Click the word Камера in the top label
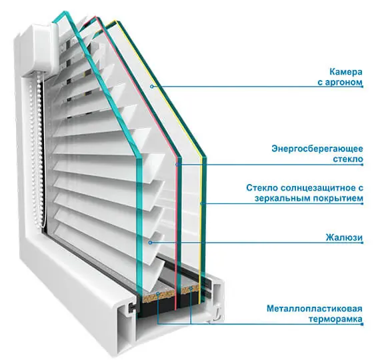click(346, 72)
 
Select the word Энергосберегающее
click(317, 149)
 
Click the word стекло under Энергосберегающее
click(348, 159)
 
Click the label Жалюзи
click(344, 237)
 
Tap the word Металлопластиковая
click(315, 309)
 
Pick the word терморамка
click(335, 319)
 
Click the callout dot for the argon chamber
click(151, 87)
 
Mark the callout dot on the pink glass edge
click(178, 165)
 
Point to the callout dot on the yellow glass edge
click(202, 204)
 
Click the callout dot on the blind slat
click(151, 243)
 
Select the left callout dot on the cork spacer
click(158, 293)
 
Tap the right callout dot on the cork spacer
click(191, 288)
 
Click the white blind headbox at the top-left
click(43, 48)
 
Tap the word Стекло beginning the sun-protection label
click(261, 188)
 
